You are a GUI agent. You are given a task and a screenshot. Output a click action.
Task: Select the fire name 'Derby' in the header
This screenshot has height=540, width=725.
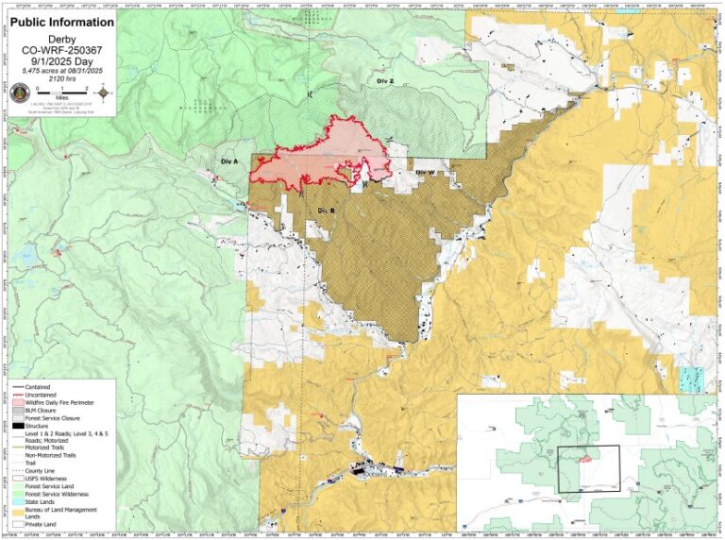point(61,39)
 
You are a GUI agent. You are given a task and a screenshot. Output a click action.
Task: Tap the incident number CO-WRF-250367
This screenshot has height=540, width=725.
point(61,50)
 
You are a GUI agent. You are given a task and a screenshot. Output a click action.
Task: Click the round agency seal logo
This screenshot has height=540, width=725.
point(20,93)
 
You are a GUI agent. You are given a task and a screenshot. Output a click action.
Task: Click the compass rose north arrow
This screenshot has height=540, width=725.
point(104,93)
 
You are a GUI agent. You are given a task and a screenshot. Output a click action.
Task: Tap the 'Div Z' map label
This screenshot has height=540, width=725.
point(384,82)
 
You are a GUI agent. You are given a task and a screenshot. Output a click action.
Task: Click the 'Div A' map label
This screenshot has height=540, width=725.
point(228,161)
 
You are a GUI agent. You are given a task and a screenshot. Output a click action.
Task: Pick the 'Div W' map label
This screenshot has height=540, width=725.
point(425,172)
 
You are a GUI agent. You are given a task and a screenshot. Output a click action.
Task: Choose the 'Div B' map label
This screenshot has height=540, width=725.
point(327,209)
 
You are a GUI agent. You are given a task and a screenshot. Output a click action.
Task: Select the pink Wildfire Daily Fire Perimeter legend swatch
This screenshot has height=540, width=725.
point(19,403)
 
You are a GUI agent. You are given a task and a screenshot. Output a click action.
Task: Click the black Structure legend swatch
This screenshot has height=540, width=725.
point(19,427)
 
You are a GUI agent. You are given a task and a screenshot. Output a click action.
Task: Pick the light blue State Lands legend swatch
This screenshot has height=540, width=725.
point(19,499)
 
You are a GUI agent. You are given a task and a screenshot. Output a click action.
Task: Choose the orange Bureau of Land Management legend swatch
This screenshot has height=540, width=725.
point(19,510)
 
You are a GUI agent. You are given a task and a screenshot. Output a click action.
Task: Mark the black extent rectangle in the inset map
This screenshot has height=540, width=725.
point(588,468)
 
